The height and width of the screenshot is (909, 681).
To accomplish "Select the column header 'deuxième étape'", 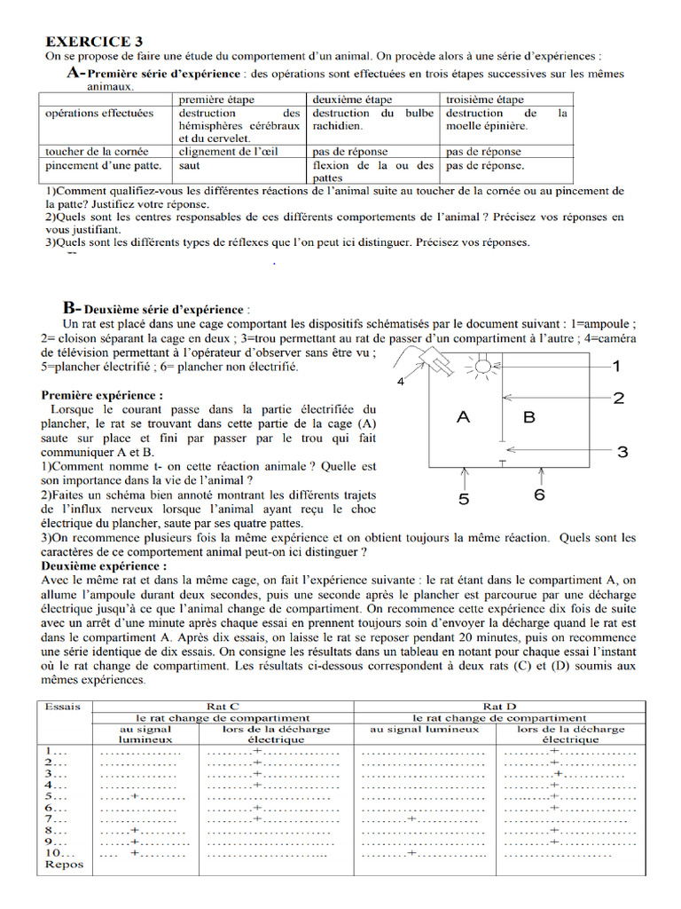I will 351,99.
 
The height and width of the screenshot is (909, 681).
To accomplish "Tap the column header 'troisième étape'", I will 484,99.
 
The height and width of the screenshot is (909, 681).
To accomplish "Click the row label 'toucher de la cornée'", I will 97,151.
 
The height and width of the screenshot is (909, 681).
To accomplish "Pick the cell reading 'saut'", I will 189,165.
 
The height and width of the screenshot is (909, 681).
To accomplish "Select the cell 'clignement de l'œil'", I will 229,151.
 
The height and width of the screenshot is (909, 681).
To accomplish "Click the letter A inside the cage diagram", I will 463,415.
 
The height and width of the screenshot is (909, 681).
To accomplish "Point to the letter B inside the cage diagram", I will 529,415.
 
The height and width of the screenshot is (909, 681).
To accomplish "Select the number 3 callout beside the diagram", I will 622,452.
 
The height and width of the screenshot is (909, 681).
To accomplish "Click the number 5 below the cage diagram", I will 464,499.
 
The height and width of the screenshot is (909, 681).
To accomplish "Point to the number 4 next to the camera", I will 401,382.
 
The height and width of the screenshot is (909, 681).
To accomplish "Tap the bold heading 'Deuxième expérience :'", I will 103,565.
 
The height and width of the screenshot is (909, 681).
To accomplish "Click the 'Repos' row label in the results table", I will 64,864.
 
